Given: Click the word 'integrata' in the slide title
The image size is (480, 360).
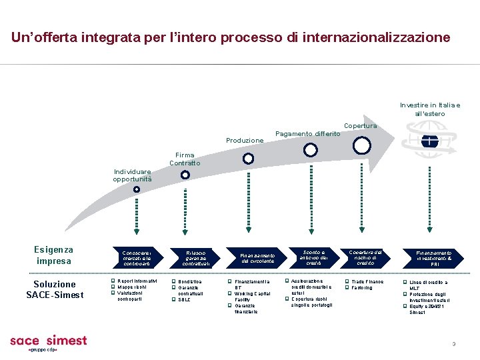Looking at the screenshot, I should tap(107, 37).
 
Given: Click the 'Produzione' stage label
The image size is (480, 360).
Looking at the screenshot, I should tap(245, 141).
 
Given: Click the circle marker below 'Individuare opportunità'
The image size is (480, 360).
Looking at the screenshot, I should tap(136, 189).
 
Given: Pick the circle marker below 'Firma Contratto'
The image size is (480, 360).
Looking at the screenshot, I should tap(185, 175).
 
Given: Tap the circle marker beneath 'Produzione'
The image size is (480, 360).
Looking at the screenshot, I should tap(248, 159).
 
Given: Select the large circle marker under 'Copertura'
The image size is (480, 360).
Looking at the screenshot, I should tap(362, 145).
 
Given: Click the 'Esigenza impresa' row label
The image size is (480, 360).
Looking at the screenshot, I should tap(54, 255).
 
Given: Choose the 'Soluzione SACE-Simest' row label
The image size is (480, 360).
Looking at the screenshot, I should tap(55, 289).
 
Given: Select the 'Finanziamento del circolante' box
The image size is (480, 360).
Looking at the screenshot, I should tap(258, 258).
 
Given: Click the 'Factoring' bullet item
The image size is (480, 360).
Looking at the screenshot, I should tap(363, 288).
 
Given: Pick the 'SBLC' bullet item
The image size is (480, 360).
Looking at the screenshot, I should tap(184, 299).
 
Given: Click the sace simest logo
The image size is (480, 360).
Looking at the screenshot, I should tap(48, 342).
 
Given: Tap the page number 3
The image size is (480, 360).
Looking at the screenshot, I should tap(453, 344).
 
